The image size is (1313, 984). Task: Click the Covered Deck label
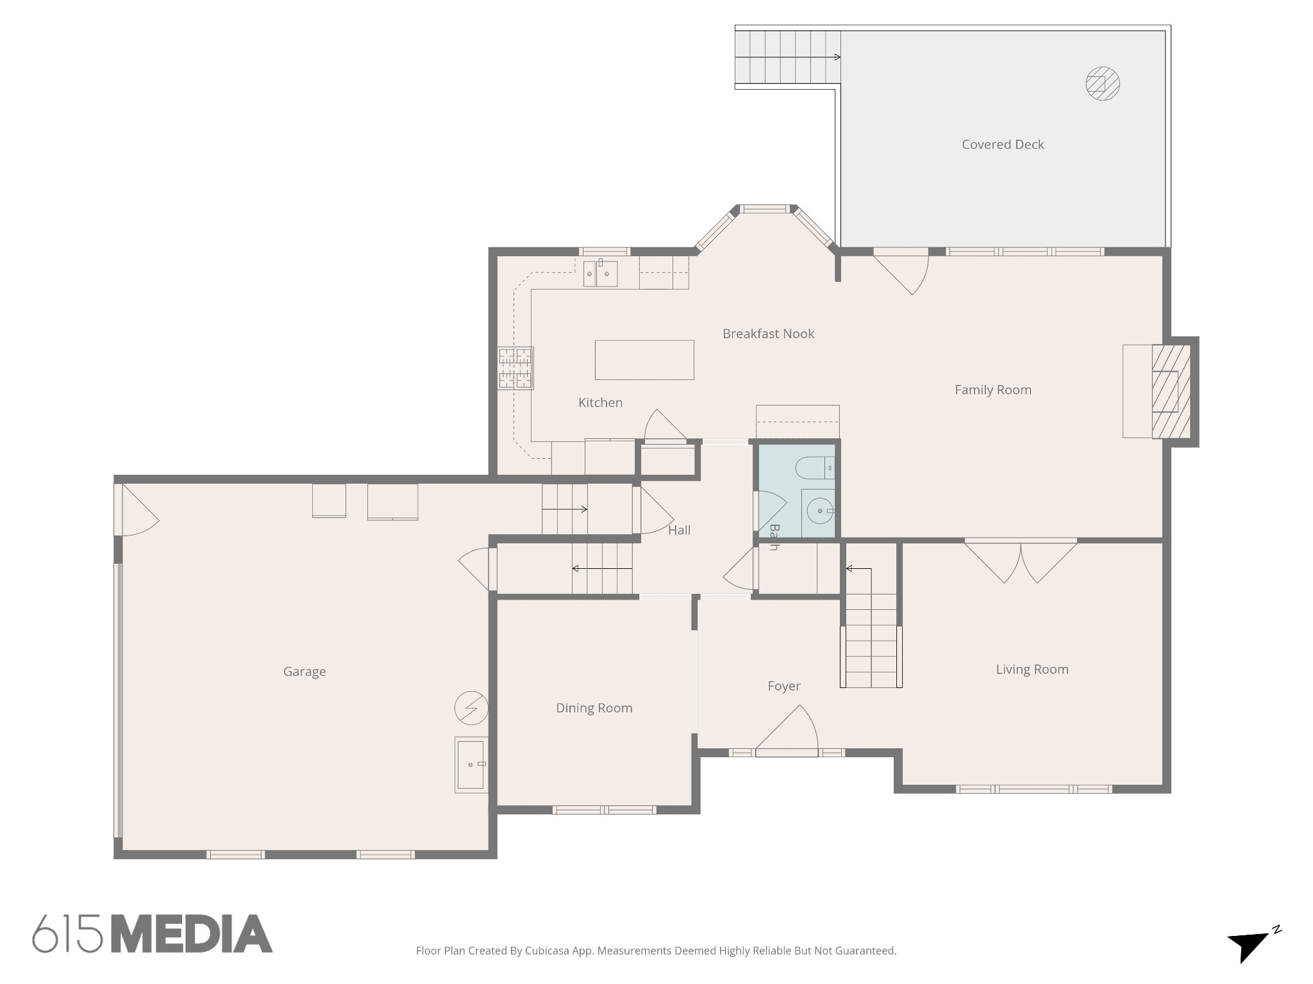coord(1003,145)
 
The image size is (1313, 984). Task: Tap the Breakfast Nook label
coord(768,334)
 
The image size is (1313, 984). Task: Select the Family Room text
coord(993,390)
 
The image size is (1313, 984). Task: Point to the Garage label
coord(305,671)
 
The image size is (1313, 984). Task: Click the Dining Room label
coord(594,708)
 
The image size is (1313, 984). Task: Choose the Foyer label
coord(784,686)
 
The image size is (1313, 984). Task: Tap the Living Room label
coord(1032,669)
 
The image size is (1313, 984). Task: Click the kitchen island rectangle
coord(644,360)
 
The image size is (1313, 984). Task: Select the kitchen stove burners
coord(515,368)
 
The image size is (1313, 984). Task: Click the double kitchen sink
coord(600,274)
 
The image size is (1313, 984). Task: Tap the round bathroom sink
coord(820,512)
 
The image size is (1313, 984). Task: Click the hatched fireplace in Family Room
coord(1171,391)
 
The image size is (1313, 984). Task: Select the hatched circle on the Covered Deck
coord(1103,84)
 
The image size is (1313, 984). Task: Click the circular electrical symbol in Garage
coord(471,708)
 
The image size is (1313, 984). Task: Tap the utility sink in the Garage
coord(471,765)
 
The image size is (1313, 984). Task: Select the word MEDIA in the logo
coord(192,933)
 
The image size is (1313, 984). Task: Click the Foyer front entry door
coord(787,730)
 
